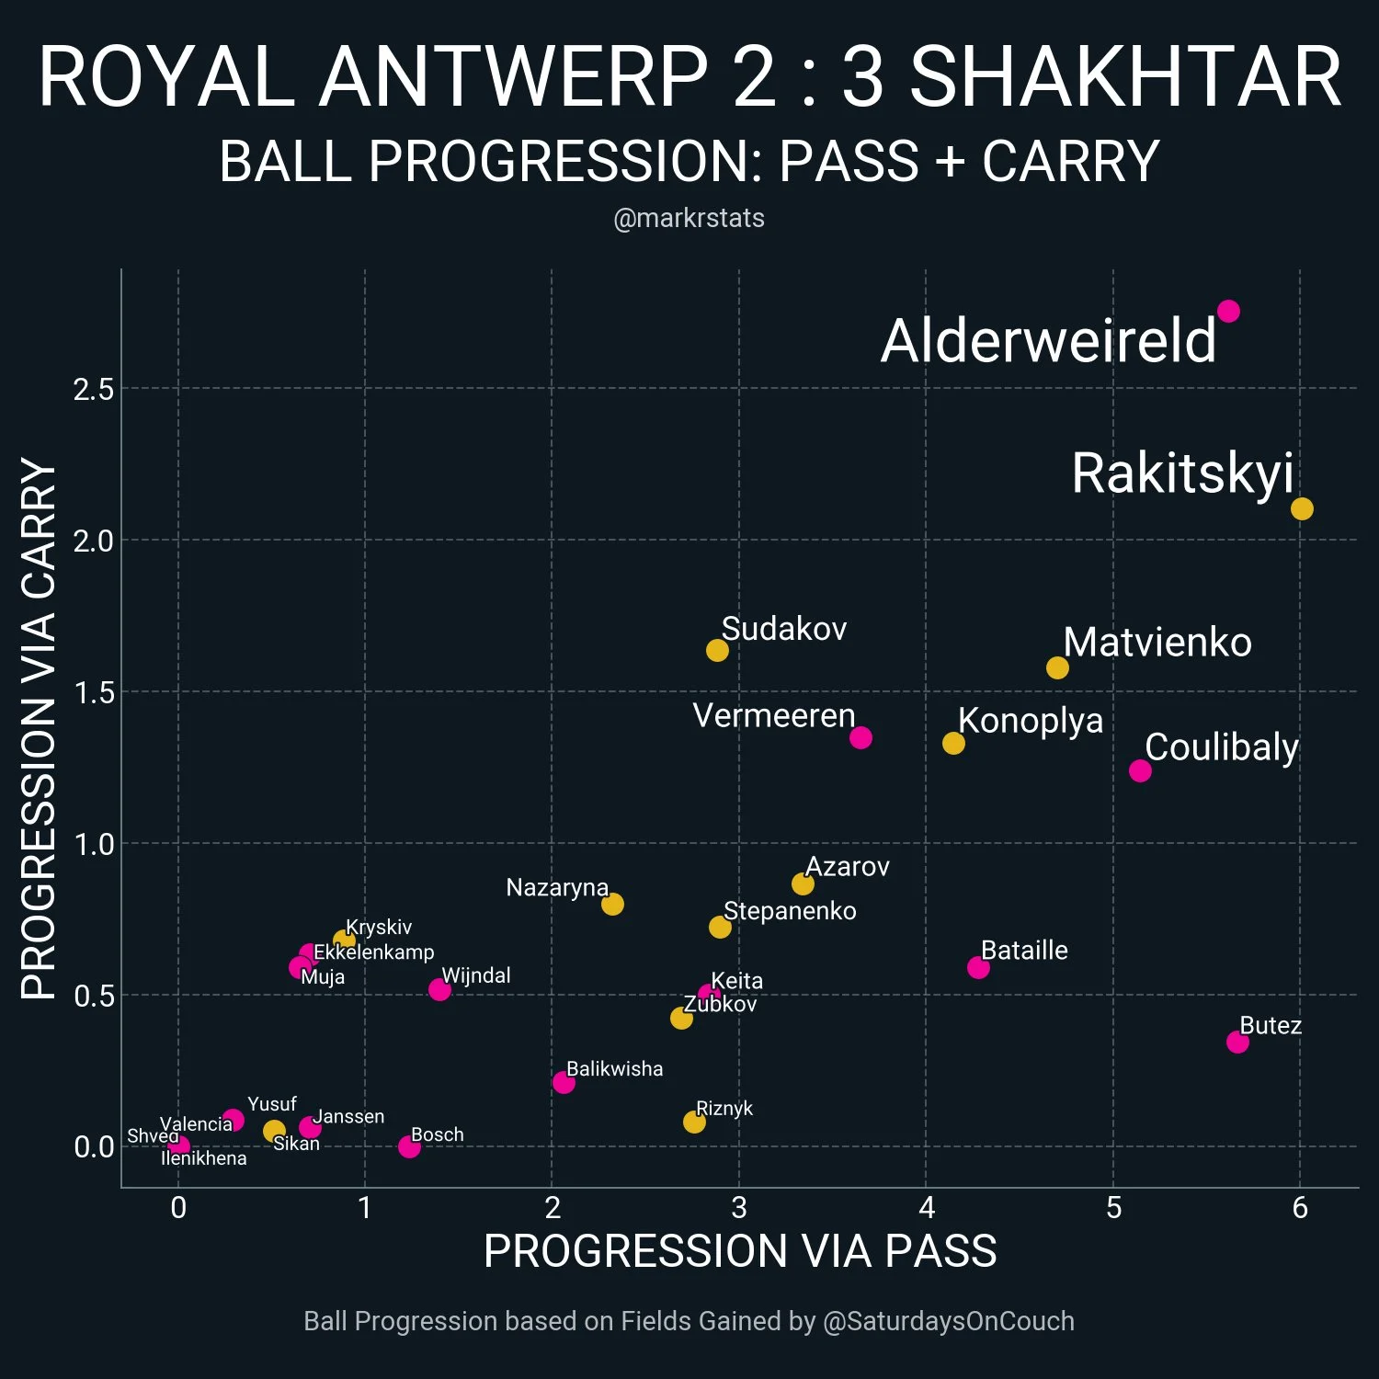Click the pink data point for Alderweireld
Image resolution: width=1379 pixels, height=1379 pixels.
[x=1227, y=312]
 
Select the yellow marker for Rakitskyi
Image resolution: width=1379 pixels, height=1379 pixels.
[x=1302, y=508]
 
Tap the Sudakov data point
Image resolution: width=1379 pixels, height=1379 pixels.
[x=717, y=650]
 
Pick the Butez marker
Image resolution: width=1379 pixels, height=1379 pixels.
[x=1237, y=1042]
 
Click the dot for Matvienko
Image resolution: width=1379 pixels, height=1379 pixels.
[x=1057, y=667]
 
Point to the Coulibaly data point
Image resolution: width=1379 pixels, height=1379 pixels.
[x=1140, y=770]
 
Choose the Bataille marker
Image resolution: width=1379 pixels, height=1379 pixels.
[x=978, y=967]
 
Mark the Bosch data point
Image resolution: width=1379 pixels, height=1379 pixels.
[x=409, y=1146]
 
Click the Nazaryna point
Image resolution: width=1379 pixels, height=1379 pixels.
[x=612, y=904]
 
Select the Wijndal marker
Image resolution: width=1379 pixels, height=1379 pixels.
[x=439, y=989]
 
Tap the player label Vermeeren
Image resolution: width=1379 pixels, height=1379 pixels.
[x=773, y=715]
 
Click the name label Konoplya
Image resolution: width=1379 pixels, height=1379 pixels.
[x=1030, y=721]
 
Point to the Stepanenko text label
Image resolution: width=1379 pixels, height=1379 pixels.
[x=790, y=911]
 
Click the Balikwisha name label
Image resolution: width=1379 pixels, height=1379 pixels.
[x=614, y=1069]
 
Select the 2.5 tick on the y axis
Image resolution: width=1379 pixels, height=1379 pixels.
[x=94, y=390]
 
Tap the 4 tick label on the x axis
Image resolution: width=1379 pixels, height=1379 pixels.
[x=927, y=1208]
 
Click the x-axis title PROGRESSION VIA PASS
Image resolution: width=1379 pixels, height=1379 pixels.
[x=740, y=1251]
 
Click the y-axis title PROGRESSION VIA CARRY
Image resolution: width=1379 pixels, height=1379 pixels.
[x=39, y=728]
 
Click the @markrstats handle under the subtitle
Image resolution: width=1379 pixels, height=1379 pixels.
[x=689, y=219]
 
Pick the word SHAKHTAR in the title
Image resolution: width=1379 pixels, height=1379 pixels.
[x=1125, y=78]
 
